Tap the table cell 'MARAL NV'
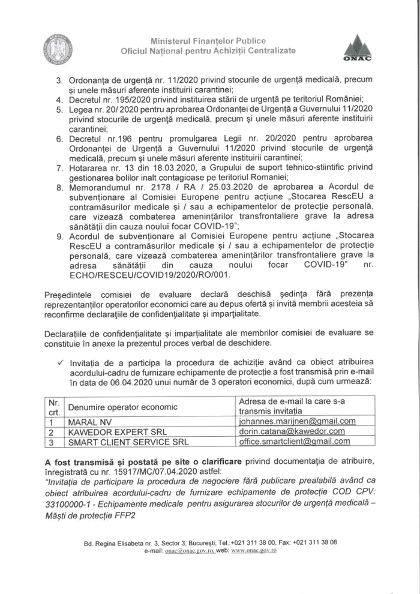pyautogui.click(x=86, y=422)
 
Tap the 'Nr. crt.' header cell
pyautogui.click(x=54, y=407)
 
